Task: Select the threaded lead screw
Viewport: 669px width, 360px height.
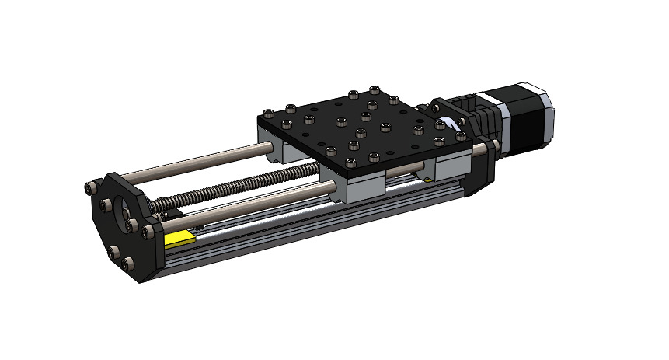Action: pos(233,187)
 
